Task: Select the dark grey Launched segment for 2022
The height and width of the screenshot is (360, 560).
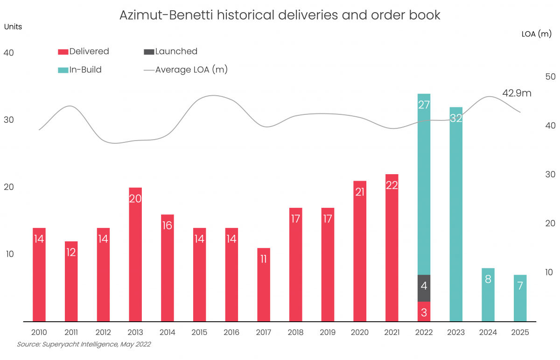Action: coord(424,288)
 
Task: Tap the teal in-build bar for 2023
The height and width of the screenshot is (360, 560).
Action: coord(456,214)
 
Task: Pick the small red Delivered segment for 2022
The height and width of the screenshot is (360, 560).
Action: coord(424,311)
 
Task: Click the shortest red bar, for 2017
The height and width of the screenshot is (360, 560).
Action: coord(263,284)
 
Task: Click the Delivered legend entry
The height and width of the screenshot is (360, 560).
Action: coord(84,51)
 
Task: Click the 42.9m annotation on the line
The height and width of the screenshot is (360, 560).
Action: coord(517,93)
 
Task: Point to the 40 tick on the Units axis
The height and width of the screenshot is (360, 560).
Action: coord(9,53)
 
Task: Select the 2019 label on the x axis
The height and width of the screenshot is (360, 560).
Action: coord(328,332)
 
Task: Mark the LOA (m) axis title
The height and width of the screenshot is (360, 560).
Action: coord(536,34)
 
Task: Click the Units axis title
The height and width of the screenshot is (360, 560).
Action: coord(13,27)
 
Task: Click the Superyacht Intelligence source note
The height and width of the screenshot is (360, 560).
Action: coord(84,345)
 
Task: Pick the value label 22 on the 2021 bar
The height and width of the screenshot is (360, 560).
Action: coord(392,185)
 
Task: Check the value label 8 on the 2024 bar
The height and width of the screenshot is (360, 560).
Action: coord(488,280)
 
